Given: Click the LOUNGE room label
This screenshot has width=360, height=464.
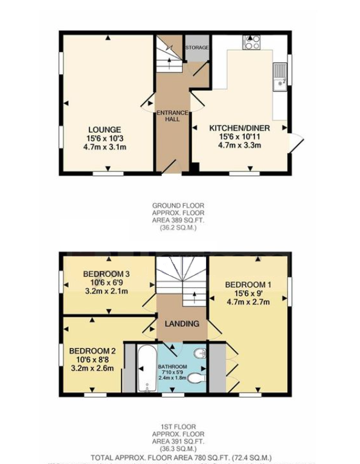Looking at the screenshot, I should [104, 129].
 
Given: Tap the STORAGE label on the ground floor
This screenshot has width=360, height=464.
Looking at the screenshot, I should [197, 48].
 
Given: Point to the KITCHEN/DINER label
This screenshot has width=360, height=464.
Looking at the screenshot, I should [239, 128].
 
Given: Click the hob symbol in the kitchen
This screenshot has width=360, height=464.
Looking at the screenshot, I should [251, 42].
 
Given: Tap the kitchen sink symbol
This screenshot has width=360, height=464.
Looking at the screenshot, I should [279, 77].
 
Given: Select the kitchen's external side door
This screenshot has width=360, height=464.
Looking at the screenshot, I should [296, 142].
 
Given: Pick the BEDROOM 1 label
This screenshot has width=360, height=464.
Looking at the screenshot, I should [248, 284].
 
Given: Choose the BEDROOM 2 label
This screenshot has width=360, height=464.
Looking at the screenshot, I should [92, 351].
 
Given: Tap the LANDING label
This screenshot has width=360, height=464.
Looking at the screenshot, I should [182, 324].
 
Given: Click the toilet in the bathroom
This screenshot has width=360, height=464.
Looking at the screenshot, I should [196, 378].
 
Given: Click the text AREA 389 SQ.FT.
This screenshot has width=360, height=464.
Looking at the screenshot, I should [178, 220].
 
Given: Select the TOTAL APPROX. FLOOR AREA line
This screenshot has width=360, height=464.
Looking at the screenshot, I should [181, 458].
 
